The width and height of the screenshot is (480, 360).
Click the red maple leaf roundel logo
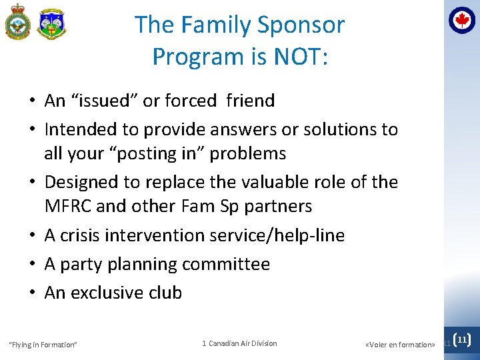(462, 21)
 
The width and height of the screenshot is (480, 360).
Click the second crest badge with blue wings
(51, 25)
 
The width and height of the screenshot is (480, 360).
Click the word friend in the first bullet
(250, 101)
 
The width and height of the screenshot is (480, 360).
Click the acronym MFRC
(68, 206)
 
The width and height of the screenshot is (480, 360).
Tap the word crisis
(85, 235)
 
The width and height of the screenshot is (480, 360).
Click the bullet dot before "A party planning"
(32, 265)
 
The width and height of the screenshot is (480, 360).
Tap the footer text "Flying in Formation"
(43, 345)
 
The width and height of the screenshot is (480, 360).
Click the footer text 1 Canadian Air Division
(239, 343)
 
